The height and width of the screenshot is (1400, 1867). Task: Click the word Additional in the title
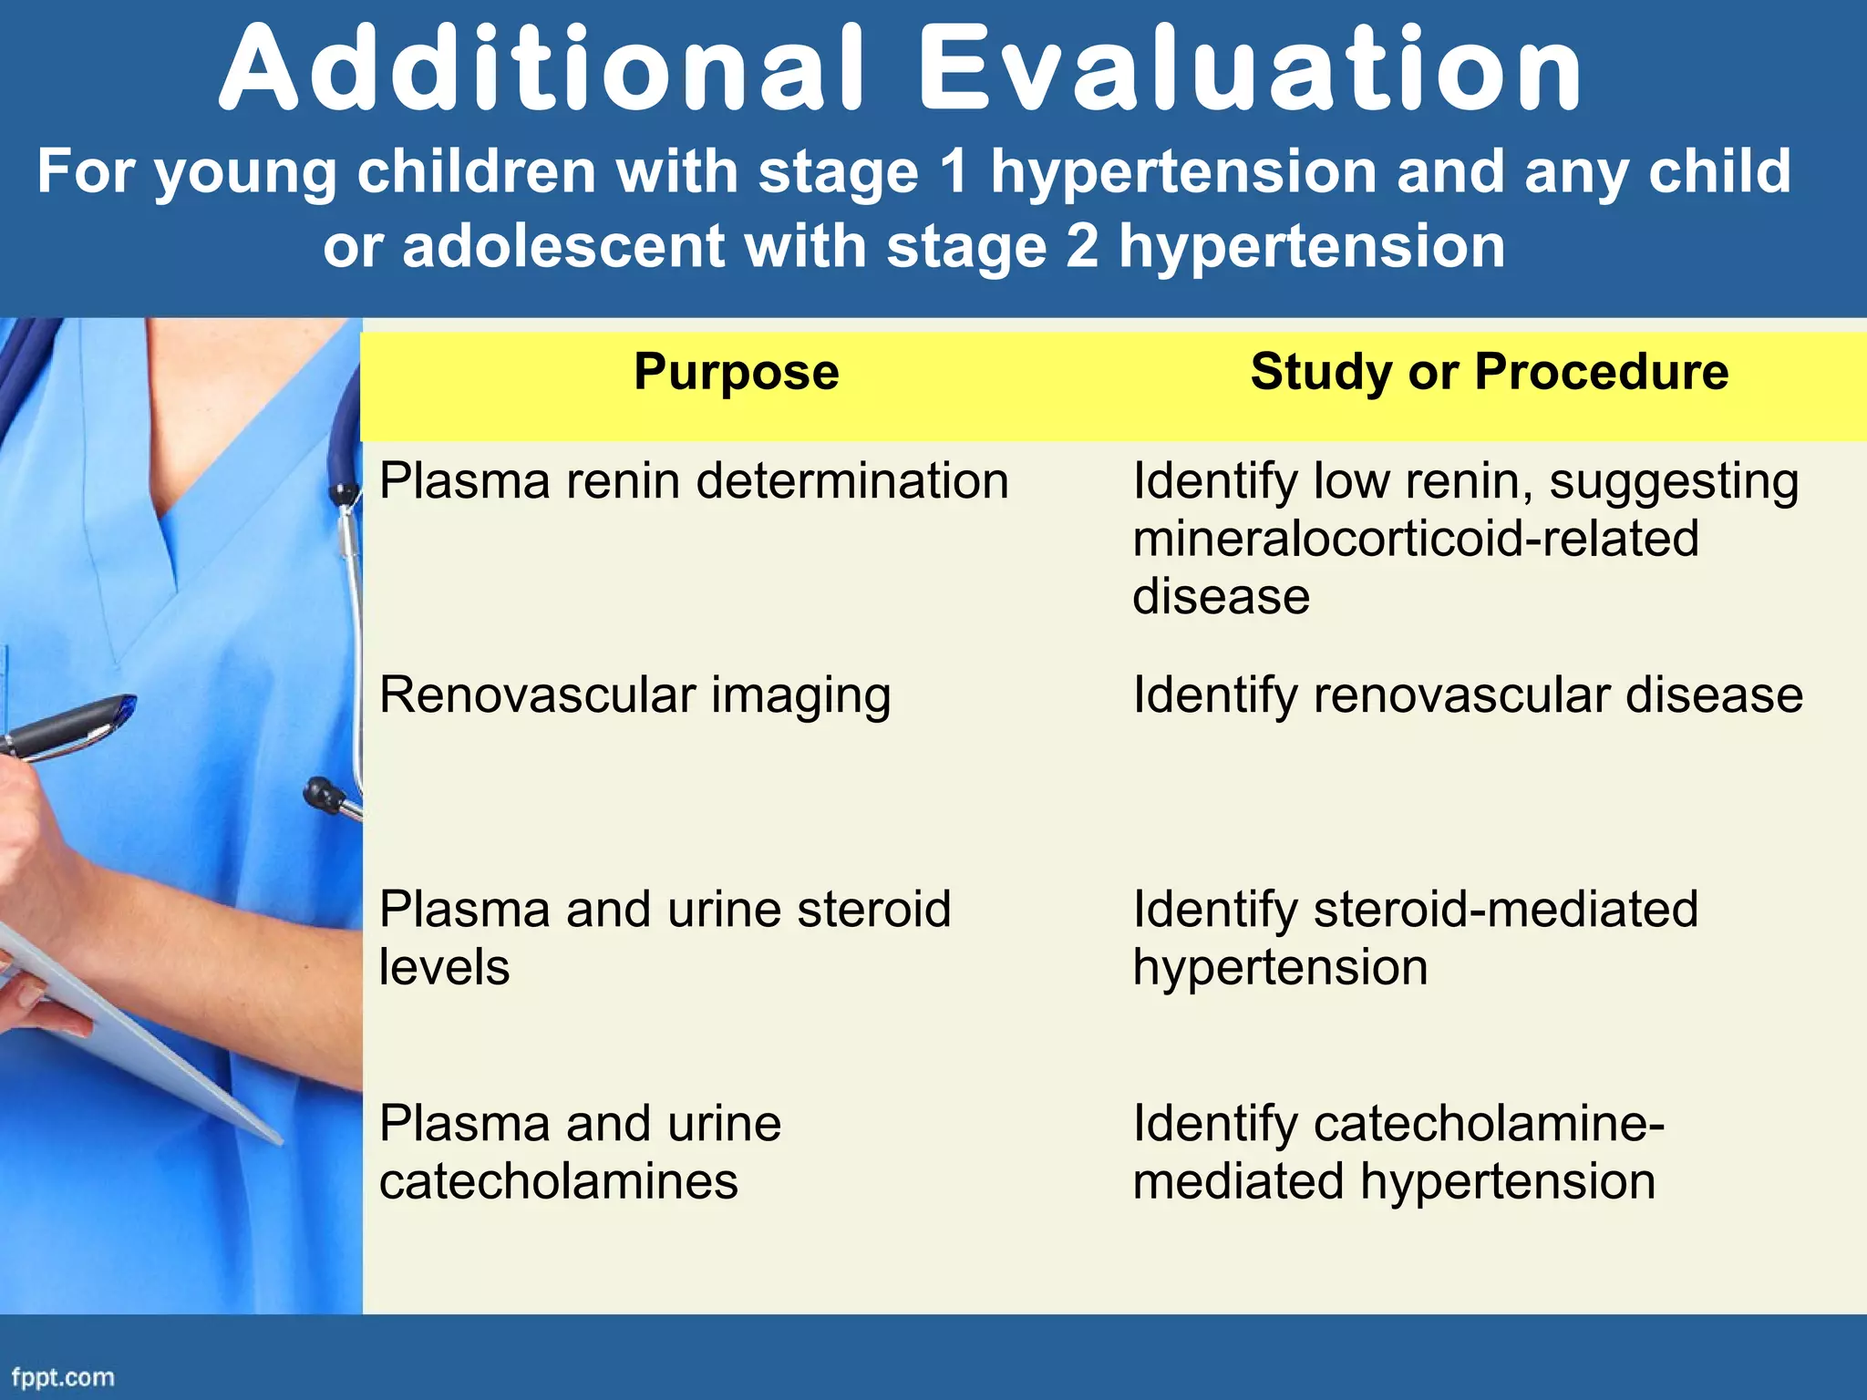(x=542, y=71)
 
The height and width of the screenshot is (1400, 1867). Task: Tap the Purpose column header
(x=736, y=372)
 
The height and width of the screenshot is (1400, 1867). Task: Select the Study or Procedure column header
(x=1489, y=372)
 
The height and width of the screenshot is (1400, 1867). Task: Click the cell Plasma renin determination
(x=693, y=481)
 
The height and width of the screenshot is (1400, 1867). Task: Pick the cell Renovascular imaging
(x=634, y=695)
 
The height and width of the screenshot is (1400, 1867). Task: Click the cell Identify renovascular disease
(x=1467, y=695)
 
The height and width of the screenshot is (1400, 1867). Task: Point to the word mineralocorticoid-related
(x=1415, y=539)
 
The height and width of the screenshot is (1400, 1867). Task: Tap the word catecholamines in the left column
(x=558, y=1181)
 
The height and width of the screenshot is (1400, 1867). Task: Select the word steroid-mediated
(x=1506, y=910)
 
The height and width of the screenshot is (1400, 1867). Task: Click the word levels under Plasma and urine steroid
(x=444, y=967)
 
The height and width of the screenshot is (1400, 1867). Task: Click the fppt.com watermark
(x=63, y=1376)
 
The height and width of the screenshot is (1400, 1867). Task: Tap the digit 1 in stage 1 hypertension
(x=954, y=172)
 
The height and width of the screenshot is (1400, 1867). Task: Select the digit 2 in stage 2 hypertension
(x=1082, y=247)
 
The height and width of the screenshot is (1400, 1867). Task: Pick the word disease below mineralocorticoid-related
(x=1221, y=597)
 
